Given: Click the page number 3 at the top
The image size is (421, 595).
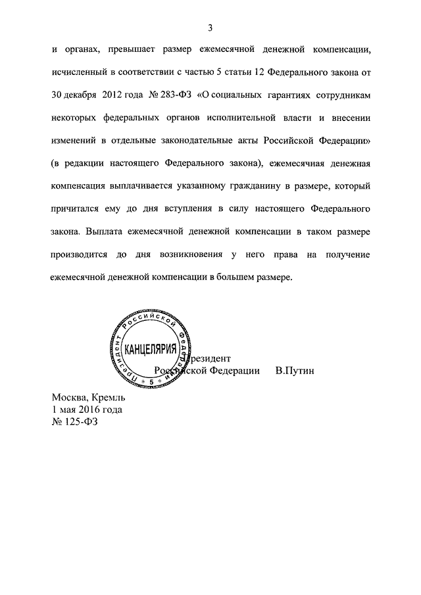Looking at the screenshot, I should click(x=209, y=28).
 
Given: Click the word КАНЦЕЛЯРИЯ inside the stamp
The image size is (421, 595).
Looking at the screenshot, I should click(x=151, y=348).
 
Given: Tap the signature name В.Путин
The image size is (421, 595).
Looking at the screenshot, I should click(x=295, y=371).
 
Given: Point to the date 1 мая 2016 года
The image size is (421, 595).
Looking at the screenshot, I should click(x=87, y=410).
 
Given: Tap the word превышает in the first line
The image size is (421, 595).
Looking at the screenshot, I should click(x=140, y=49).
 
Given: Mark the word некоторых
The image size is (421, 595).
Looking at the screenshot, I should click(x=78, y=118).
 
